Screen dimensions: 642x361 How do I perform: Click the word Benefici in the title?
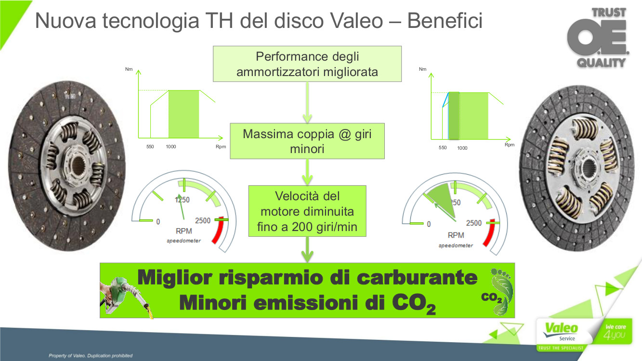point(445,21)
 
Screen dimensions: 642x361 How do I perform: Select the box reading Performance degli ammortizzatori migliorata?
point(307,64)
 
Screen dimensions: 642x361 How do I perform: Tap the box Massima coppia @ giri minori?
point(307,141)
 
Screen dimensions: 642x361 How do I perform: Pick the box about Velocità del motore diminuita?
point(307,211)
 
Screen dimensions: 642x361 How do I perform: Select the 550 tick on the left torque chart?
point(150,147)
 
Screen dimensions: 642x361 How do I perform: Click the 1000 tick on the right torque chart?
point(462,148)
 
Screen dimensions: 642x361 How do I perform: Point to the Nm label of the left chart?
point(129,69)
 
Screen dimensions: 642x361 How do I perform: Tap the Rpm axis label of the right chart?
point(510,145)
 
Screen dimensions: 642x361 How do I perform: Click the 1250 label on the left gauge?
point(182,200)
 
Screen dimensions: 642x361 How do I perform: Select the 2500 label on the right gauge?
point(474,223)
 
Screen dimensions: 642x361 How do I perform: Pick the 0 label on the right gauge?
point(429,224)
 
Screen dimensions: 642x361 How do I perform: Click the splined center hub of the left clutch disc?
point(78,165)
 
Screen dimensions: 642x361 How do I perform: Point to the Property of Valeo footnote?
point(91,356)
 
